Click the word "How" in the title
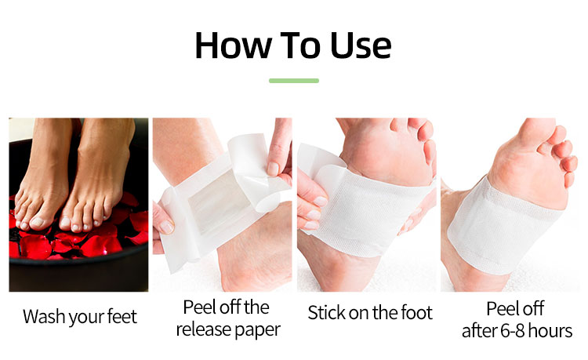[x=234, y=45]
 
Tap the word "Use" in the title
[x=361, y=45]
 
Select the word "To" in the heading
[x=301, y=45]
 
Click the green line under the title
[x=294, y=81]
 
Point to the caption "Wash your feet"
[x=79, y=317]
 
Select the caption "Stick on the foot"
[x=370, y=313]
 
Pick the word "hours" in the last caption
[x=550, y=331]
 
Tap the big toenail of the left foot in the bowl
[x=37, y=222]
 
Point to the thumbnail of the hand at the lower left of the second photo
[x=166, y=227]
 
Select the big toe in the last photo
[x=537, y=134]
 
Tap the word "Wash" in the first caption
[x=44, y=316]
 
